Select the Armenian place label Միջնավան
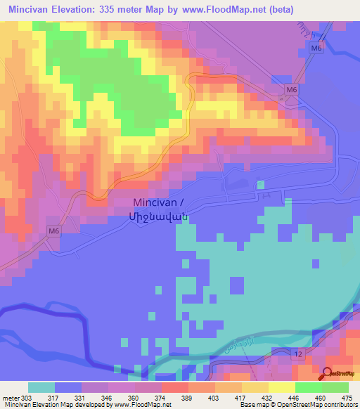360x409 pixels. tap(160, 217)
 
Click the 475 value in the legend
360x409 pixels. tap(347, 397)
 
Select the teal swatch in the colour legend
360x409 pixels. tap(41, 387)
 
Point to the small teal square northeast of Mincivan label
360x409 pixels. tap(261, 184)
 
